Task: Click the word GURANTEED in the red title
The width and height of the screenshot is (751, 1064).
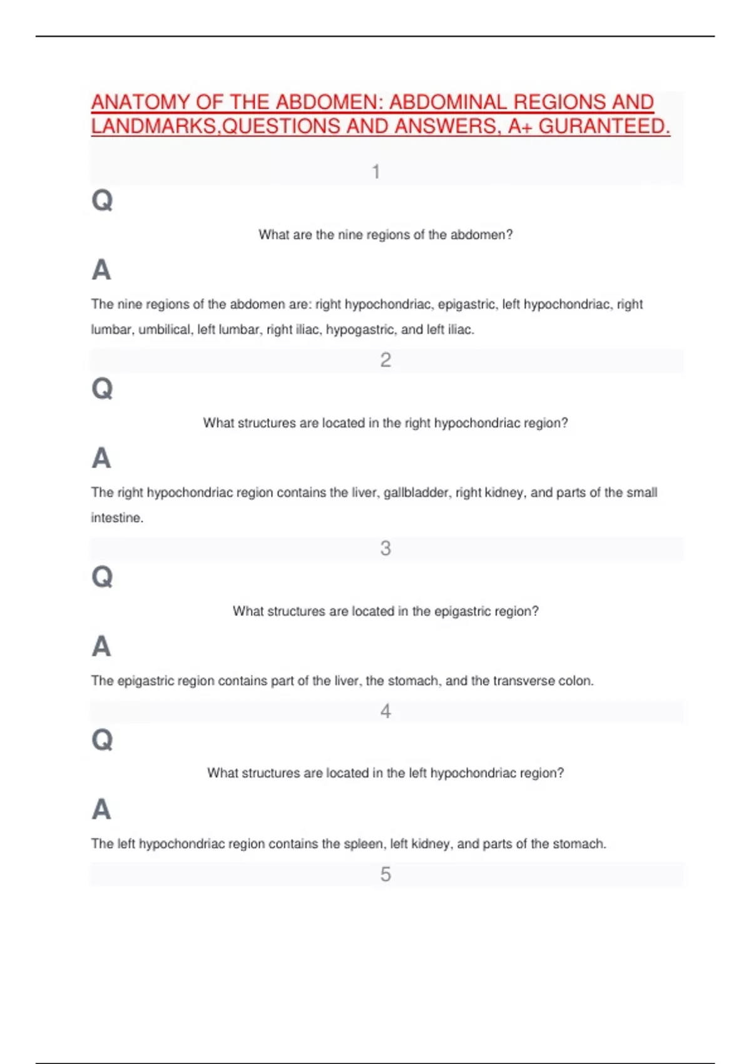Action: tap(604, 126)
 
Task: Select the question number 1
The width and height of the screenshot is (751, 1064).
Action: tap(376, 171)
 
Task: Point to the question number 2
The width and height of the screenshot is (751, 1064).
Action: tap(386, 360)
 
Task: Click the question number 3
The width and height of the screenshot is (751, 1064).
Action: tap(386, 548)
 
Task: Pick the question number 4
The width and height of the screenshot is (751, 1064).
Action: tap(386, 711)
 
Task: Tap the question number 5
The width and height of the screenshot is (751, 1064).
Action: tap(386, 874)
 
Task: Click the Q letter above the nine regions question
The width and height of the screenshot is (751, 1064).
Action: tap(102, 200)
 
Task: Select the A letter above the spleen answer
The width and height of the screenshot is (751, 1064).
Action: tap(101, 809)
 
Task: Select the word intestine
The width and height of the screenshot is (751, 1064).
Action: tap(116, 518)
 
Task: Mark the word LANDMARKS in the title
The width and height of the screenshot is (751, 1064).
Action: tap(155, 126)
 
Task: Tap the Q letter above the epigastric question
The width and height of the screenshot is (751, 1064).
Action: tap(102, 576)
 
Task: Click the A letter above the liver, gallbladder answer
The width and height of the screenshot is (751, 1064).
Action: tap(101, 458)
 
